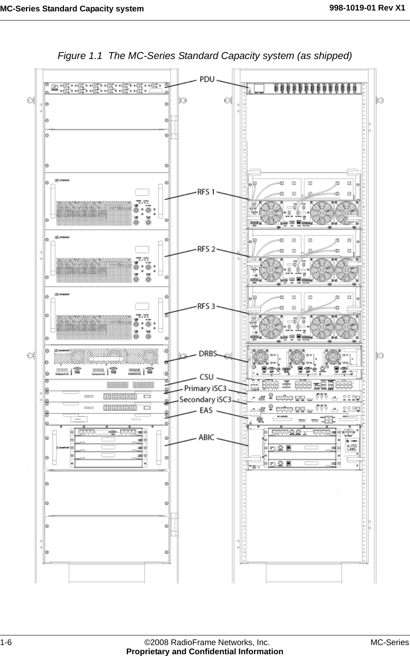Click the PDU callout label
207,80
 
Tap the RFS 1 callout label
206,192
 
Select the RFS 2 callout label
206,249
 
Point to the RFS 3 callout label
206,306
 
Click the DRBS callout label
208,353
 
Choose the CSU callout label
206,377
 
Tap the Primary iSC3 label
205,388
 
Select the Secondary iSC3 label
205,399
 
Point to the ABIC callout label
206,437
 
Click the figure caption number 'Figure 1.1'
81,56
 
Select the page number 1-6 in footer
6,642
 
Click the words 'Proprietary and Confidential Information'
205,651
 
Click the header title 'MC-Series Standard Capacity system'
72,9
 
